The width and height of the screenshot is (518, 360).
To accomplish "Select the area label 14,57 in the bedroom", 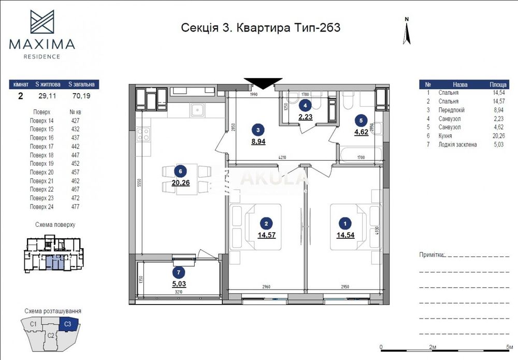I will click(266, 234).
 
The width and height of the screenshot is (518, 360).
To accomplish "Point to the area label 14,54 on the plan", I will click(346, 234).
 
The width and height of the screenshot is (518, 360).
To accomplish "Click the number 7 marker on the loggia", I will click(178, 272).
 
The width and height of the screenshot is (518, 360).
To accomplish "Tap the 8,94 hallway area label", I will click(258, 141).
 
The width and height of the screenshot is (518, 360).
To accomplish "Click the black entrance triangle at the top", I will click(263, 83).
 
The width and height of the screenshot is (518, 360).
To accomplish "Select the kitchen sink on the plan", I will click(197, 109).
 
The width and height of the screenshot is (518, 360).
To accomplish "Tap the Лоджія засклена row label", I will click(457, 145).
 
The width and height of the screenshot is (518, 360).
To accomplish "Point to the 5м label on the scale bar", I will click(510, 347).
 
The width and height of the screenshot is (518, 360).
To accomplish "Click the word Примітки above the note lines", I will click(431, 255).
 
